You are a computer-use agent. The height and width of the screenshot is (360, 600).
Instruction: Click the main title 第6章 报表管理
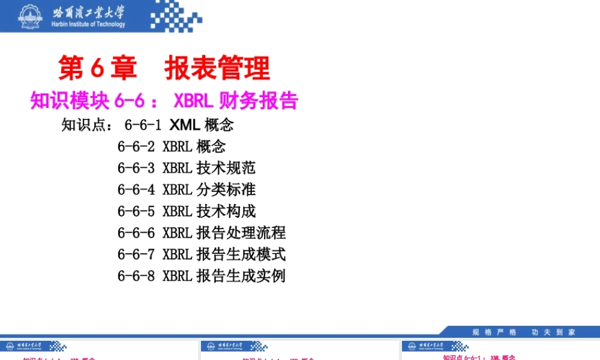pyautogui.click(x=164, y=68)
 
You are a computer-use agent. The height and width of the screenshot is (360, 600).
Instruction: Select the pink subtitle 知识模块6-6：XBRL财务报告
pyautogui.click(x=164, y=101)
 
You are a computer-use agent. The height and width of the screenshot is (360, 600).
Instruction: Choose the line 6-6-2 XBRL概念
pyautogui.click(x=172, y=146)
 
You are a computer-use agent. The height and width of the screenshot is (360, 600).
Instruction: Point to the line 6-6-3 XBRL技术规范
pyautogui.click(x=187, y=168)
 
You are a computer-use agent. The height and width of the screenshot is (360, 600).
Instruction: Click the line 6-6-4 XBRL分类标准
pyautogui.click(x=187, y=190)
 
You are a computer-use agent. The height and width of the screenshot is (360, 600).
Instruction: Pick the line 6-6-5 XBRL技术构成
pyautogui.click(x=187, y=211)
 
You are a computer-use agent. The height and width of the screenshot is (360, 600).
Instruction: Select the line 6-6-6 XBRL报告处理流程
pyautogui.click(x=202, y=233)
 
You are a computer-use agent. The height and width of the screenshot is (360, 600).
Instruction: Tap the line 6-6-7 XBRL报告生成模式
pyautogui.click(x=202, y=254)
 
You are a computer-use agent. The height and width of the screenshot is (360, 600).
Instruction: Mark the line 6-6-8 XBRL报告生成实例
pyautogui.click(x=202, y=276)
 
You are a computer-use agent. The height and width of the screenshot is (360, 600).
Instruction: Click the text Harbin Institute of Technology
pyautogui.click(x=89, y=25)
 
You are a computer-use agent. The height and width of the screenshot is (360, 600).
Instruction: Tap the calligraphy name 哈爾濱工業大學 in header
pyautogui.click(x=89, y=11)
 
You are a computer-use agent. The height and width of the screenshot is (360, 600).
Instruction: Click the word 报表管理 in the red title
pyautogui.click(x=217, y=68)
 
